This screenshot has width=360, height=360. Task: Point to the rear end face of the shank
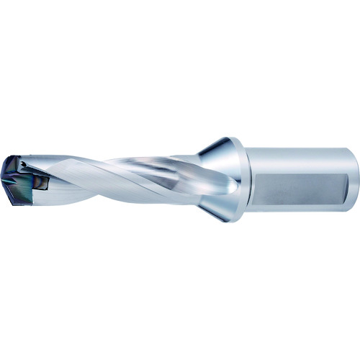[x=355, y=171]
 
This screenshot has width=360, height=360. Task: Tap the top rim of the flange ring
[x=238, y=138]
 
